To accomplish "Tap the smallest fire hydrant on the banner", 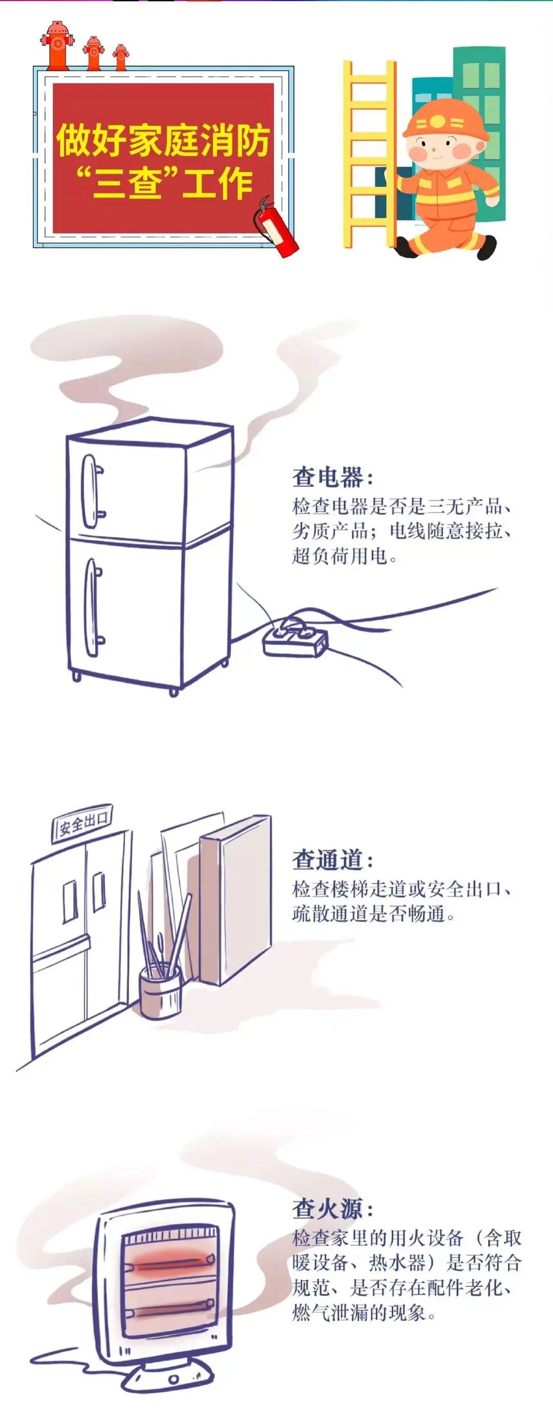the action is click(120, 57).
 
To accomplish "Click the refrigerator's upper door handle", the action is click(92, 491).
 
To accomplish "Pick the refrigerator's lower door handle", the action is click(94, 607).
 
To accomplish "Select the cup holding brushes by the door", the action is click(160, 993).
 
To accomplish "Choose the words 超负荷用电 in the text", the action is click(339, 555).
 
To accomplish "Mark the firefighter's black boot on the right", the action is click(483, 247).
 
